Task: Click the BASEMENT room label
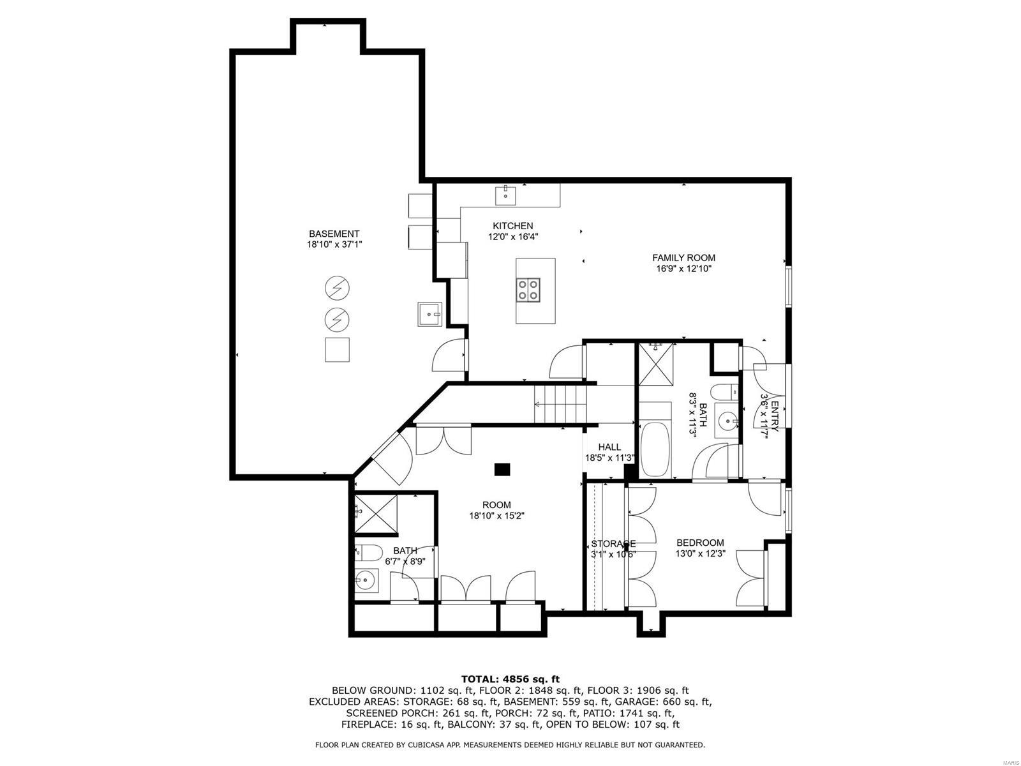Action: pos(334,234)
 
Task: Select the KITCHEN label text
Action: pos(512,226)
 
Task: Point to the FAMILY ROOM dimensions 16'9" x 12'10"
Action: pos(683,269)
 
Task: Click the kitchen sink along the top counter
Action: pos(506,195)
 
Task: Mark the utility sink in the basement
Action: pos(429,313)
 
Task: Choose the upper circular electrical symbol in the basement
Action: pos(337,288)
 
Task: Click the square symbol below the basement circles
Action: pos(337,350)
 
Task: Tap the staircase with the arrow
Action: pos(560,403)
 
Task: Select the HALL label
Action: pos(609,447)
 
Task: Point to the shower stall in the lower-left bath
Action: pos(376,513)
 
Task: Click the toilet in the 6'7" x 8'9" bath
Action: pos(368,552)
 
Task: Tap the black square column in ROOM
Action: pos(503,469)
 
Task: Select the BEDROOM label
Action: pos(700,543)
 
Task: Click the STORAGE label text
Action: pos(613,544)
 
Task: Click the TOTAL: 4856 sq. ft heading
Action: pos(510,679)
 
